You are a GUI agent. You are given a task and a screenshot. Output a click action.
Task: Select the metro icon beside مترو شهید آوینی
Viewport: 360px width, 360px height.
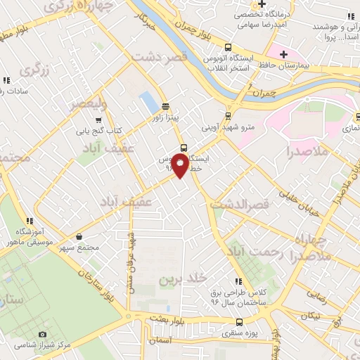tap(228, 117)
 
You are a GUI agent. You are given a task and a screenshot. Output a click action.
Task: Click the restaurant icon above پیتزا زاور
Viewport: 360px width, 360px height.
tap(165, 107)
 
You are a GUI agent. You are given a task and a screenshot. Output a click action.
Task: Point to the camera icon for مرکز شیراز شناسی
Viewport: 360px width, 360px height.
tap(42, 334)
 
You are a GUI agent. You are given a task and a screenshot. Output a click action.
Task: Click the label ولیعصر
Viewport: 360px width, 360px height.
tap(87, 104)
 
